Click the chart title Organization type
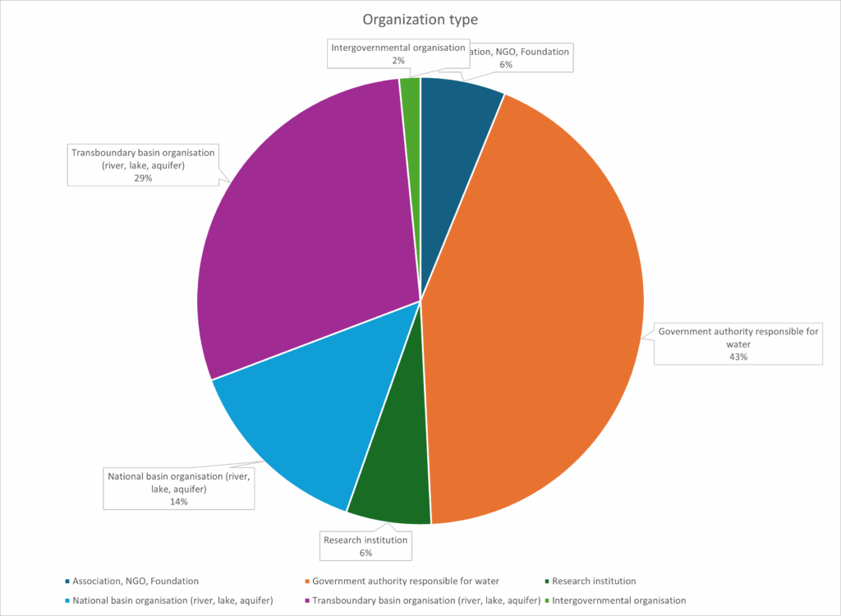420,18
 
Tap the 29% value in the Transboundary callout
143,177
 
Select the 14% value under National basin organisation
178,501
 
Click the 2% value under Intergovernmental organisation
398,60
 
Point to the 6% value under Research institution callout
365,554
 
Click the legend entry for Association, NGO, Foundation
136,582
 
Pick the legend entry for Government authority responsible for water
406,582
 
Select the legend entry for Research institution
595,582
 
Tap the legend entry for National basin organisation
172,600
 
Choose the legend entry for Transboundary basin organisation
423,600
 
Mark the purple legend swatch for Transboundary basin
308,600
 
